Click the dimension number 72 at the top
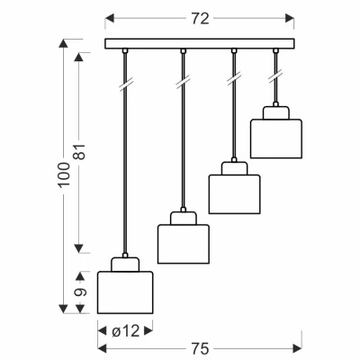[x=200, y=19]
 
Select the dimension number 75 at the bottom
[x=201, y=349]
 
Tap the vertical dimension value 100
[x=64, y=175]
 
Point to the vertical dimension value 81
[x=80, y=152]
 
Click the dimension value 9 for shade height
[x=80, y=292]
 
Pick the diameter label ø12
[x=126, y=331]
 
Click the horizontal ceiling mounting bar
[x=200, y=43]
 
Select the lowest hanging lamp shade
[x=125, y=292]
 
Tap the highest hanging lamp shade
[x=276, y=139]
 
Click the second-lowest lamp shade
[x=184, y=244]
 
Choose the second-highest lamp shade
[x=234, y=194]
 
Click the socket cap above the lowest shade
[x=125, y=265]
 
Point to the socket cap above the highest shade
[x=276, y=112]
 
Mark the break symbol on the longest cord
[x=126, y=84]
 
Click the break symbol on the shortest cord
[x=275, y=76]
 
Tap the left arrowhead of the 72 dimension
[x=110, y=19]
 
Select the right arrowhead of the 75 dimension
[x=297, y=348]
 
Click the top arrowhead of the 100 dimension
[x=63, y=43]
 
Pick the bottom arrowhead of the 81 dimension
[x=79, y=248]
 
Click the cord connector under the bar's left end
[x=125, y=50]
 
